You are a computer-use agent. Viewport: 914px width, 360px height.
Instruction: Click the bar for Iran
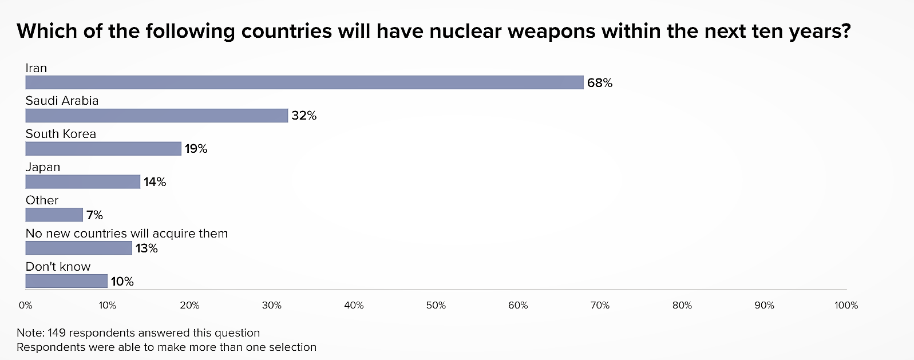click(x=304, y=82)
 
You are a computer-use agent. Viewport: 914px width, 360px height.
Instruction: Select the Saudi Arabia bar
click(x=156, y=116)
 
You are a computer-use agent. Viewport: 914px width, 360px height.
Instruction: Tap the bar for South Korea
click(x=103, y=149)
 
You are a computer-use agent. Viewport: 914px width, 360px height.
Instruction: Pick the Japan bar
click(x=82, y=182)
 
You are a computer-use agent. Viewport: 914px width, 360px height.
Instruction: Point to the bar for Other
click(x=54, y=215)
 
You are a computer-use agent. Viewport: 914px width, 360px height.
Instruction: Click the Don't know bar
click(x=66, y=282)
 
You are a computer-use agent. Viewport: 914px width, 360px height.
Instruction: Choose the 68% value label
click(x=599, y=83)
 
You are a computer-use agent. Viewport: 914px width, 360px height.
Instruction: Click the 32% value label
click(x=303, y=116)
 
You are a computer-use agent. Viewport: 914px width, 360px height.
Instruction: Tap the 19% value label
click(x=196, y=149)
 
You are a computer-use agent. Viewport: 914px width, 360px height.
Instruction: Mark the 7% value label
click(x=94, y=215)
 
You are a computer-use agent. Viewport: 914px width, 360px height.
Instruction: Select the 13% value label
click(x=147, y=248)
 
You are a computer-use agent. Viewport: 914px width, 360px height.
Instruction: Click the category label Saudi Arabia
click(x=62, y=101)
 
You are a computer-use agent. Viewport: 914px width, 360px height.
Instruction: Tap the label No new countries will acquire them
click(x=126, y=234)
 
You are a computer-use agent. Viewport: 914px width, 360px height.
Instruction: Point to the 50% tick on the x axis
click(x=436, y=306)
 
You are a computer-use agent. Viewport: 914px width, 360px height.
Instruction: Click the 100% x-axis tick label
click(x=846, y=306)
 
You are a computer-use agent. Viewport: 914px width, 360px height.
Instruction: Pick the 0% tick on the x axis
click(x=25, y=306)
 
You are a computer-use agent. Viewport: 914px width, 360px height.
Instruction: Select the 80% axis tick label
click(x=682, y=306)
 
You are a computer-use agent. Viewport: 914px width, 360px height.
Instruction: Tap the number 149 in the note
click(x=57, y=333)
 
